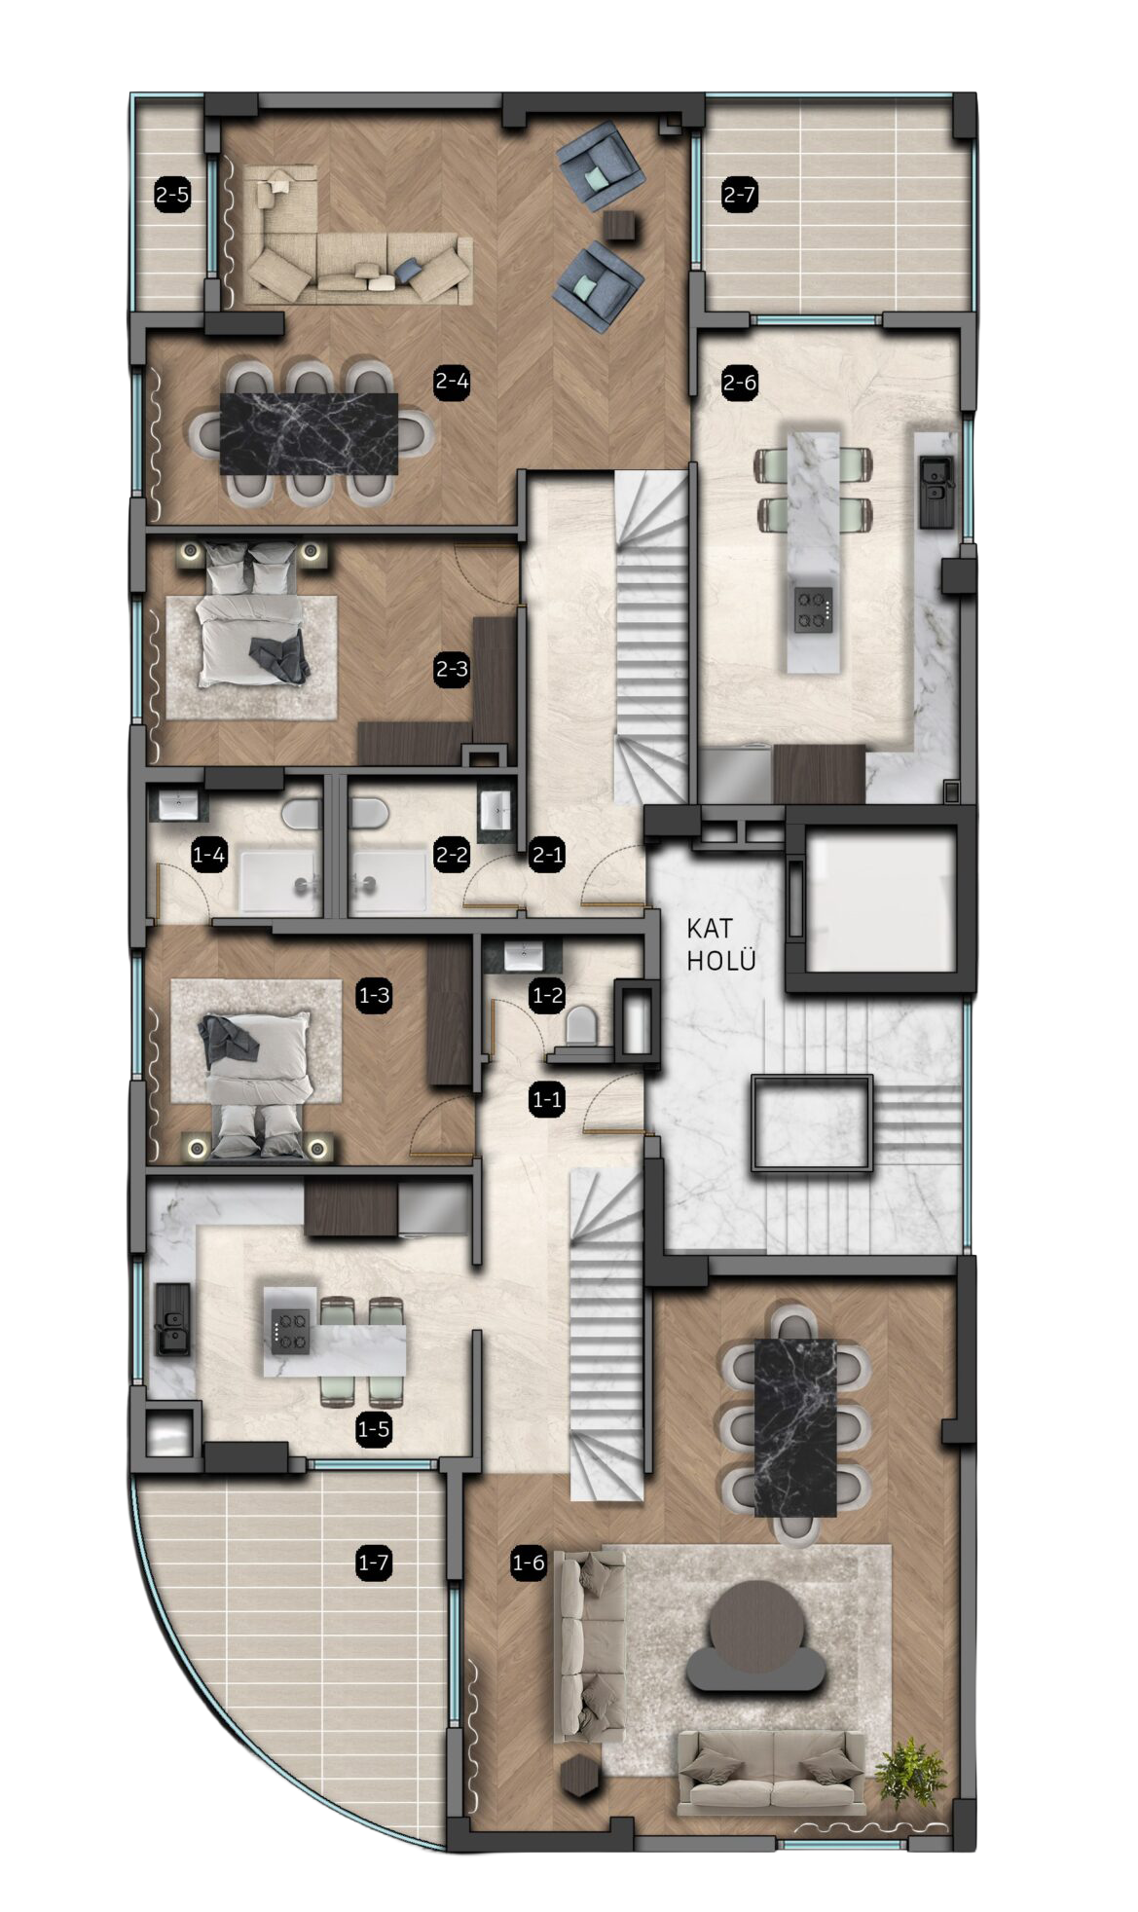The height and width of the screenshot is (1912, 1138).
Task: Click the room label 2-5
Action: [x=172, y=196]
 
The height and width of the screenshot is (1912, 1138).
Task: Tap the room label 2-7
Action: [x=739, y=195]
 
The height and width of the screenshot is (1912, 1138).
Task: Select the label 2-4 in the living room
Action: [x=453, y=382]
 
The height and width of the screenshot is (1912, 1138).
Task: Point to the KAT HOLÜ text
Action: [x=721, y=944]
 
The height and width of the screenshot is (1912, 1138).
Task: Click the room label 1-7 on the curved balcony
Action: [x=374, y=1563]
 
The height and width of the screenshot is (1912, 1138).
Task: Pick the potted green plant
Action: [x=910, y=1773]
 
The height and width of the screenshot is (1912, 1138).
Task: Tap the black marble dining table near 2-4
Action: [x=309, y=433]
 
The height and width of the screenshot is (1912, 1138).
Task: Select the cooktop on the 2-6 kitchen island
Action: [x=813, y=609]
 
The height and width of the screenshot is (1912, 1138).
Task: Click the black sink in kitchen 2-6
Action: [x=936, y=491]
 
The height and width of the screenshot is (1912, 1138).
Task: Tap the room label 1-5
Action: [x=374, y=1429]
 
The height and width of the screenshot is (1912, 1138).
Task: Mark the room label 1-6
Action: [x=529, y=1563]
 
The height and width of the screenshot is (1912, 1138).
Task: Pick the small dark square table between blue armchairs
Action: [x=620, y=226]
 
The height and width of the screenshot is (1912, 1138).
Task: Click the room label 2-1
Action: [x=547, y=856]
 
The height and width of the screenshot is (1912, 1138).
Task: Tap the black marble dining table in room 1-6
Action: [x=795, y=1427]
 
